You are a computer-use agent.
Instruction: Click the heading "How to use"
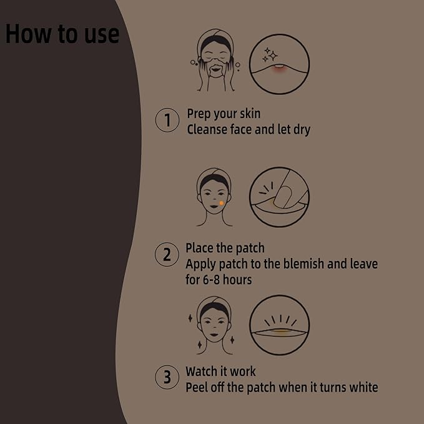click(62, 34)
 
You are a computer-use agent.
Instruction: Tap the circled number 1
click(167, 121)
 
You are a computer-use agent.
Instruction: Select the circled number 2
click(167, 255)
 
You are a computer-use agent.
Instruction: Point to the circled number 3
click(167, 377)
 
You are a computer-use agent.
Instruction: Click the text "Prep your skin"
click(224, 114)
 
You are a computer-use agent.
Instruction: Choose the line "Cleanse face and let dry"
click(249, 130)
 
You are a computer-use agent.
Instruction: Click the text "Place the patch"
click(225, 248)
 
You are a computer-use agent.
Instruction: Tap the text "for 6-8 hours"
click(219, 280)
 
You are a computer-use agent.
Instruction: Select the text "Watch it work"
click(220, 372)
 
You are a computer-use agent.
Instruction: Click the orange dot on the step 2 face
click(221, 203)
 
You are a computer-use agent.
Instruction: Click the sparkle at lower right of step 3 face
click(232, 341)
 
